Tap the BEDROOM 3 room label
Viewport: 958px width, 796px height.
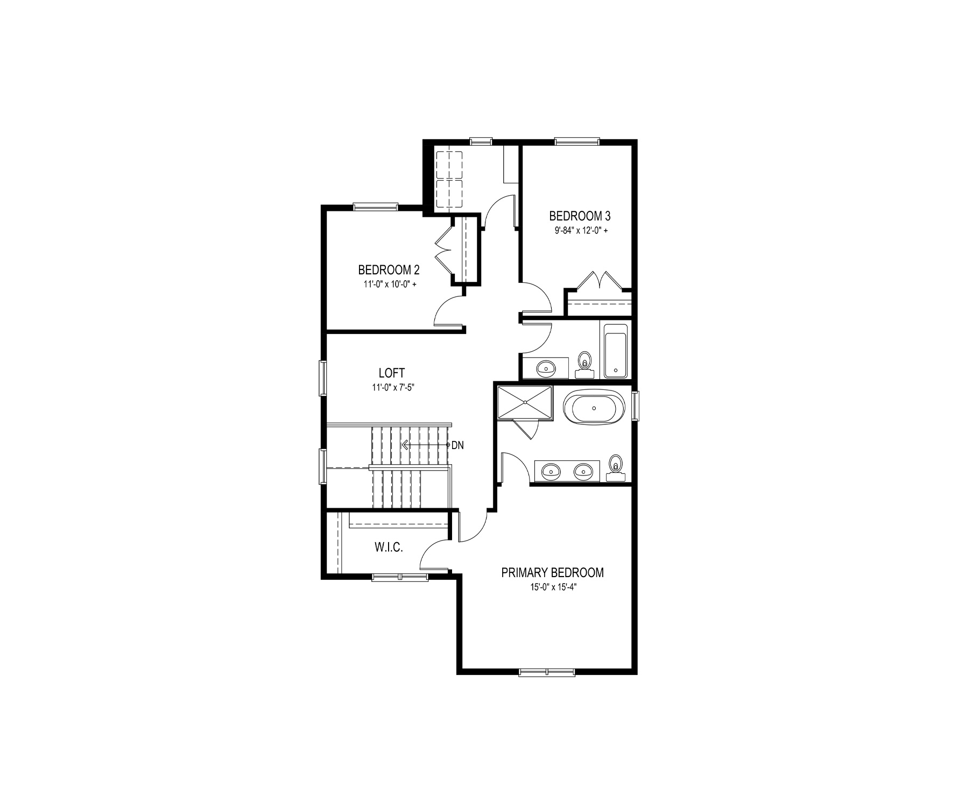pos(580,216)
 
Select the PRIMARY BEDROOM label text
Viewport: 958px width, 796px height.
pos(552,573)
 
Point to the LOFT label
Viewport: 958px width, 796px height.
pos(392,373)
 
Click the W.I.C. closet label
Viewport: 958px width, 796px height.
pos(389,548)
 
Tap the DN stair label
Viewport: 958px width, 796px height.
pos(457,445)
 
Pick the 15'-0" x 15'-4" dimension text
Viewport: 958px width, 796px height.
pos(552,588)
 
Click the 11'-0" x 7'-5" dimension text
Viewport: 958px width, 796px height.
pos(392,387)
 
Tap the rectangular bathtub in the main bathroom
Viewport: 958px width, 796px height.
pos(615,350)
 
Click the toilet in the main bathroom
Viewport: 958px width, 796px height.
pos(583,363)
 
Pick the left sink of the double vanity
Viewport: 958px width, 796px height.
pos(551,472)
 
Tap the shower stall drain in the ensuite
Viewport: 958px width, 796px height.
pos(525,401)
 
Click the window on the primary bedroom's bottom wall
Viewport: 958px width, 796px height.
pos(547,672)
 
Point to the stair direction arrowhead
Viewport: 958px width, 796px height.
pos(403,445)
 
